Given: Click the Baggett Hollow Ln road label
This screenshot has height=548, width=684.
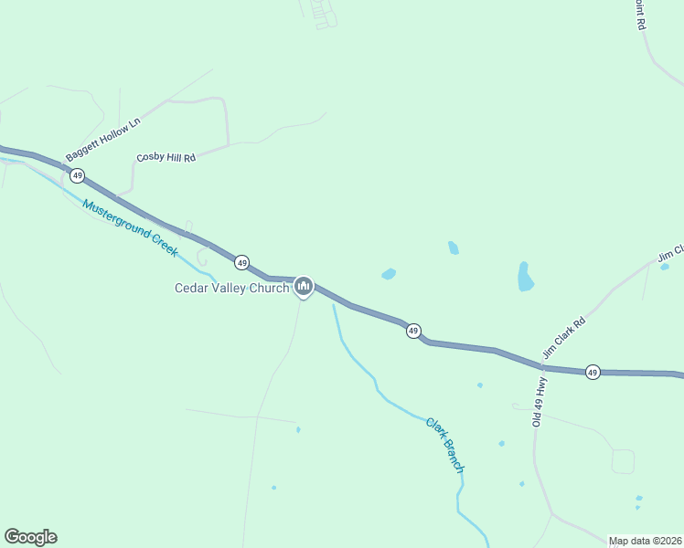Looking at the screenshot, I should point(103,140).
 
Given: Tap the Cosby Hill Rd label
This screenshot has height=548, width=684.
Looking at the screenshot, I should point(166,158).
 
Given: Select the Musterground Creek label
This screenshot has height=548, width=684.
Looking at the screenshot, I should point(130,227).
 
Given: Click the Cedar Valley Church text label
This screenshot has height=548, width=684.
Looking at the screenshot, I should point(232,288).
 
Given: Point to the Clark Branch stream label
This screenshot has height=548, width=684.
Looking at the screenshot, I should point(445,445).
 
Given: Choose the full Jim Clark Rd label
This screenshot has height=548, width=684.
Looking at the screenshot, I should point(563,337).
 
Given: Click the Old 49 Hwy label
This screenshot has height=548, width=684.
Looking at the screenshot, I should point(540,402).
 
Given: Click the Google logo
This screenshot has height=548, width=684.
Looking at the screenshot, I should point(30,537).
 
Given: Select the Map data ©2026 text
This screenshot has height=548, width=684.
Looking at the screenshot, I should point(645,541).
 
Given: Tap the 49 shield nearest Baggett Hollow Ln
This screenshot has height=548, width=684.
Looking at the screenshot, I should point(78,174).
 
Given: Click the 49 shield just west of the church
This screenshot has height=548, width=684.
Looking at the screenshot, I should point(241,262).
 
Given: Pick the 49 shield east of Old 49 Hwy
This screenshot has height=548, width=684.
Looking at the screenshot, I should point(593,372).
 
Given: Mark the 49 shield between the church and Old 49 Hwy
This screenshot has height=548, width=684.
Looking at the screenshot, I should point(413,330).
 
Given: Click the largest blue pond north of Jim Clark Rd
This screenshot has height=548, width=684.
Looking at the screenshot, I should point(525,276).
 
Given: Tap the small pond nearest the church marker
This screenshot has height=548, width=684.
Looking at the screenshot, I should point(389,274).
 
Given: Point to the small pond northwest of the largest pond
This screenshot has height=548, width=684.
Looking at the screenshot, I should point(453,248).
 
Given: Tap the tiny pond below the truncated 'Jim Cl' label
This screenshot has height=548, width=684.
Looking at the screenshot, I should point(665,267).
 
